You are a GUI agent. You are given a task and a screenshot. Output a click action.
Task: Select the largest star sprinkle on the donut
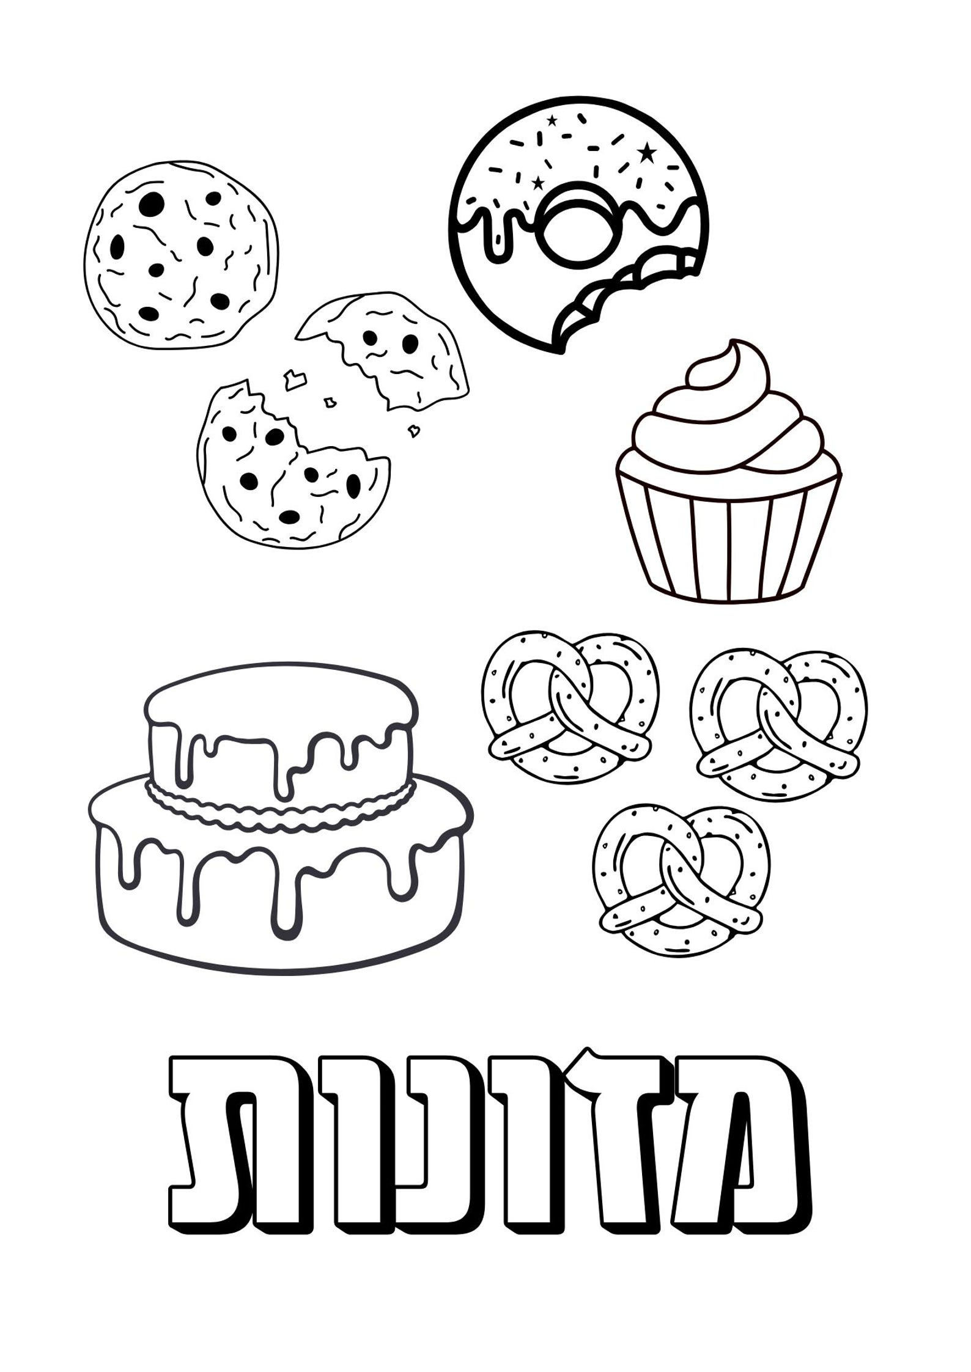tap(646, 150)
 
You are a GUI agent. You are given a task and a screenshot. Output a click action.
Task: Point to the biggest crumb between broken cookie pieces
tap(296, 379)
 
